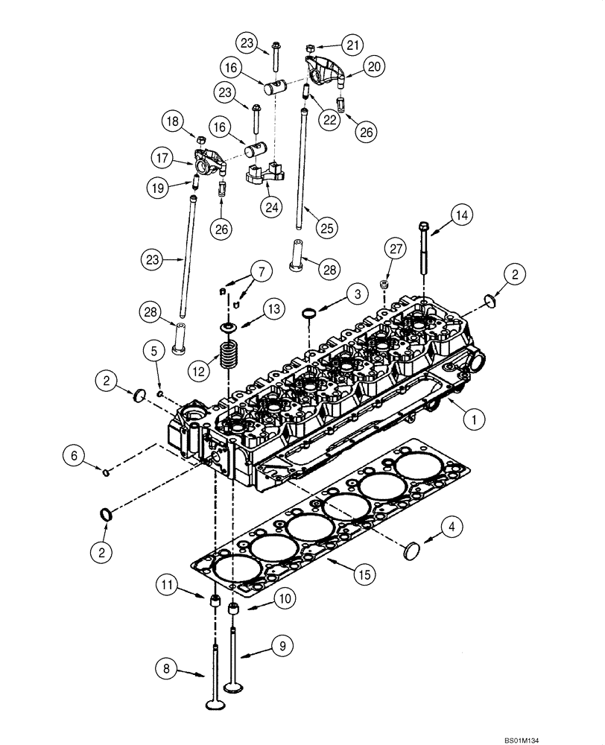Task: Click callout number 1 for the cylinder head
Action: pos(470,419)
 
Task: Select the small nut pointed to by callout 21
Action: pos(309,49)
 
